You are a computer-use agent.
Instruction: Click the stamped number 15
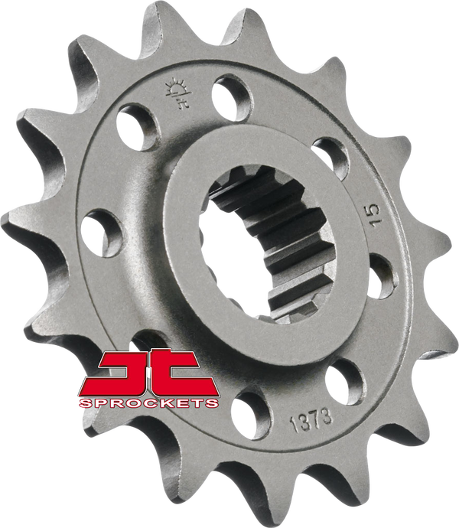375,216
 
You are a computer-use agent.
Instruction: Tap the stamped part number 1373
311,420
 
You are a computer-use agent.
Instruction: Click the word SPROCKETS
149,403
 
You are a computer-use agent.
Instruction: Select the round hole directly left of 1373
251,416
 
